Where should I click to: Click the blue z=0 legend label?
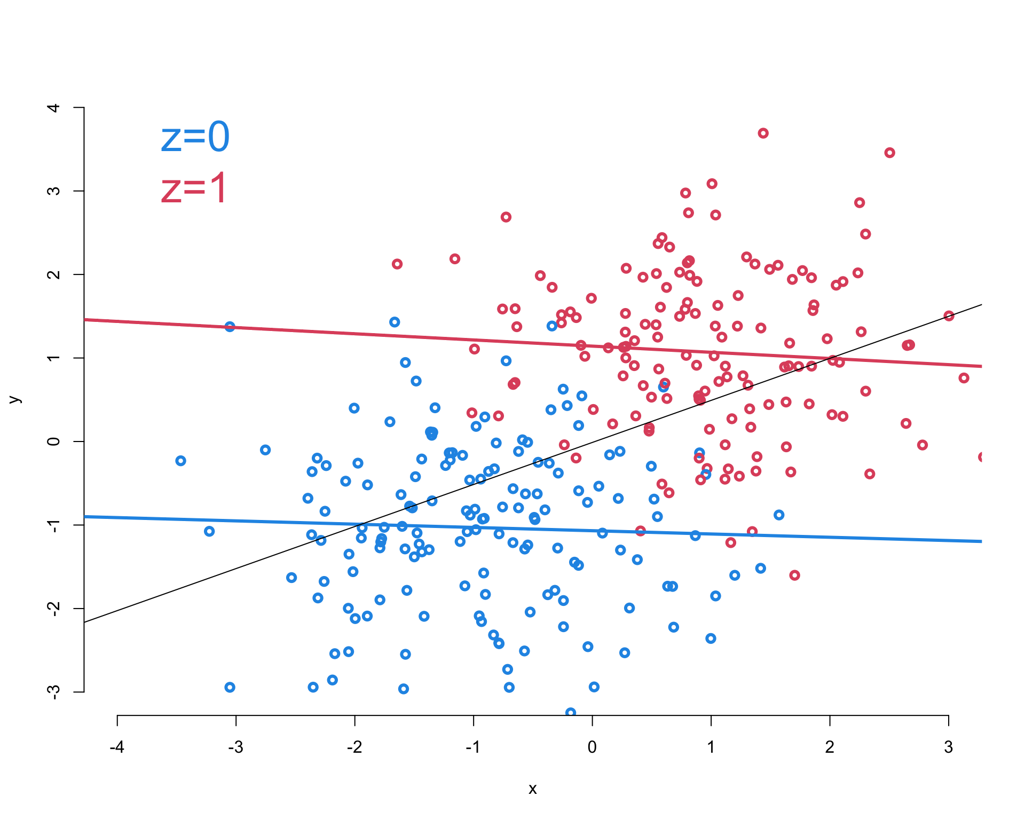(x=195, y=137)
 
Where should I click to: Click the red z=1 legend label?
(x=194, y=188)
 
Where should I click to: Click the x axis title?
(x=532, y=789)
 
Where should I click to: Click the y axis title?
(x=15, y=399)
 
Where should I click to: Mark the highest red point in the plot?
(x=763, y=133)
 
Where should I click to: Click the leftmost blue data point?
(x=180, y=461)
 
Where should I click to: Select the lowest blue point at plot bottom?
(x=571, y=712)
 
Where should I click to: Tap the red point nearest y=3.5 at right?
(x=889, y=153)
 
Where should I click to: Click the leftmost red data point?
(x=397, y=264)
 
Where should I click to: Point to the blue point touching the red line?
(x=230, y=327)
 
